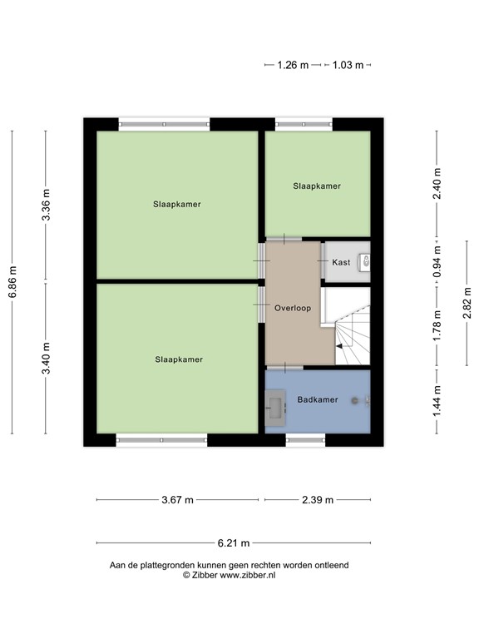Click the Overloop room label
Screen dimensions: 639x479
(x=293, y=308)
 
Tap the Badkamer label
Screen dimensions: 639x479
(x=318, y=400)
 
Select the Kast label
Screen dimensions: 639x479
(x=341, y=262)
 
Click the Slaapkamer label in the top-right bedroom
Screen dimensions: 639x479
(x=317, y=186)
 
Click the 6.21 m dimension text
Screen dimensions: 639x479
(x=234, y=544)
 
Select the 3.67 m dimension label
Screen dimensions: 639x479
(x=177, y=500)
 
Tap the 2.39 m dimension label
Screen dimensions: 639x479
(x=317, y=500)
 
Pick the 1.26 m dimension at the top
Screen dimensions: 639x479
(x=293, y=65)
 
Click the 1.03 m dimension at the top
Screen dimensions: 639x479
(x=348, y=65)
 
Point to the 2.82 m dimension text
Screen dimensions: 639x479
(x=467, y=304)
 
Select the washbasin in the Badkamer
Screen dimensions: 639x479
(x=275, y=408)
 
